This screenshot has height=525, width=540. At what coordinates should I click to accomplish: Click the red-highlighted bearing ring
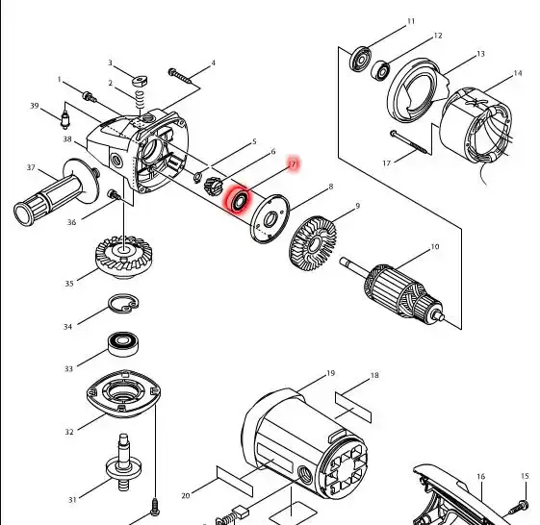click(x=239, y=201)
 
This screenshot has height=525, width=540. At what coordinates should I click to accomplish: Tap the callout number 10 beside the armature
click(x=435, y=247)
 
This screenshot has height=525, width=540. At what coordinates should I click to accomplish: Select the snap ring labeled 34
click(x=123, y=304)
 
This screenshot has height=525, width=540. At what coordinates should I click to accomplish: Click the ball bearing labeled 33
click(x=123, y=344)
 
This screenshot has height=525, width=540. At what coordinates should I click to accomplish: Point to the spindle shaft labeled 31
click(x=123, y=462)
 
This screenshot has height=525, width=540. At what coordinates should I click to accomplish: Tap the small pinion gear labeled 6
click(x=214, y=186)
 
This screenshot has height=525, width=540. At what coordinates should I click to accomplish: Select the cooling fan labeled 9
click(x=313, y=243)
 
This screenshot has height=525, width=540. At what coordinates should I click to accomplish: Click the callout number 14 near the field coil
click(x=518, y=73)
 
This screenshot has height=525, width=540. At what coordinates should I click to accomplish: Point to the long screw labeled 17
click(x=409, y=141)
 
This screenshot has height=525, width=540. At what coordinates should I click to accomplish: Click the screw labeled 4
click(x=180, y=76)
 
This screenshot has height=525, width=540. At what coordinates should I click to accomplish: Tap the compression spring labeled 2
click(x=140, y=100)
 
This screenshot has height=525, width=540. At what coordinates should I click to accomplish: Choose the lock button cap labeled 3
click(x=140, y=81)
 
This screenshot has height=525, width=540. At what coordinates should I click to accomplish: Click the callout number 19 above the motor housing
click(x=330, y=373)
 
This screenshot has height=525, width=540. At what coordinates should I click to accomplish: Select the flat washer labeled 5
click(x=198, y=177)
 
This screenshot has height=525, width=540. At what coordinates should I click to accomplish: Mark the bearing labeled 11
click(x=361, y=61)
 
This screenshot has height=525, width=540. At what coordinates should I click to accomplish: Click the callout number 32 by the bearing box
click(x=69, y=432)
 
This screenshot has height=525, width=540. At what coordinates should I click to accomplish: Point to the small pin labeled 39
click(x=65, y=118)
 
